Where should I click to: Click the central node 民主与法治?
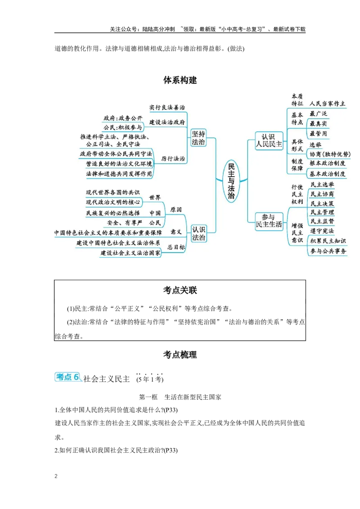[231, 181]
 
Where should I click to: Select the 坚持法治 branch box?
[198, 138]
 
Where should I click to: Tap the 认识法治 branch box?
[198, 233]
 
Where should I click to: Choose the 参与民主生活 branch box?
[269, 220]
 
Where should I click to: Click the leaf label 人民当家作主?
[328, 103]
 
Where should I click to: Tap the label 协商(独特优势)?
[330, 154]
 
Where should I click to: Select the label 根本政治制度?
[328, 164]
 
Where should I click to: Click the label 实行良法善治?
[167, 107]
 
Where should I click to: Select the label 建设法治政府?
[167, 122]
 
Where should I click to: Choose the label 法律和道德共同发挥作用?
[119, 174]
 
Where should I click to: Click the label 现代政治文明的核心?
[113, 202]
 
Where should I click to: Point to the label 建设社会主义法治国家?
[130, 254]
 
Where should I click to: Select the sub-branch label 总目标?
[176, 247]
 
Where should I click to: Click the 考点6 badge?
[69, 377]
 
